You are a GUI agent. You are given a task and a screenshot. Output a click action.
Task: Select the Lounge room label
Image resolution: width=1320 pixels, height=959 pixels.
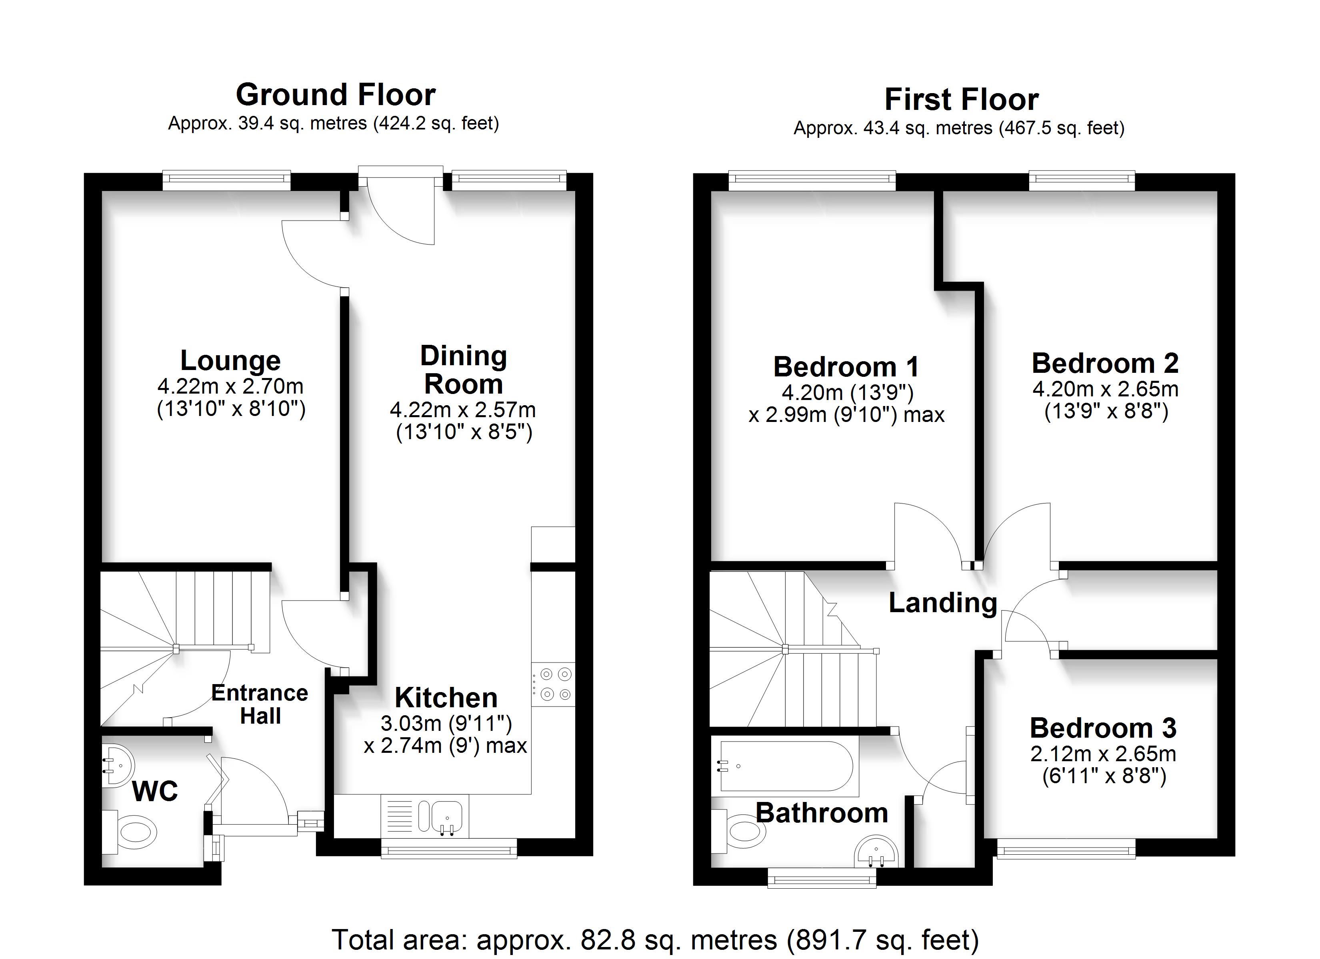tap(230, 360)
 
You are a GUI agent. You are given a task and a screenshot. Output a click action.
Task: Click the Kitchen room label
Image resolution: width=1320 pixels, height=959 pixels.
tap(446, 697)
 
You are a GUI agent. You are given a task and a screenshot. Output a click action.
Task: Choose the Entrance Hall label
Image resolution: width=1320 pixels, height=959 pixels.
tap(260, 704)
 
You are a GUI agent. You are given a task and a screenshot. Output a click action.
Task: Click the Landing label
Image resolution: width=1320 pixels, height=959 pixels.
tap(943, 603)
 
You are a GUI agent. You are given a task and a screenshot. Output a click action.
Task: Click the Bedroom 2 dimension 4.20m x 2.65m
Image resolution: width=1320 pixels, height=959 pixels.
tap(1105, 389)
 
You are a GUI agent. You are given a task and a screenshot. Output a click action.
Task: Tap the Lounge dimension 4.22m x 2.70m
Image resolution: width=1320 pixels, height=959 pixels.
tap(230, 386)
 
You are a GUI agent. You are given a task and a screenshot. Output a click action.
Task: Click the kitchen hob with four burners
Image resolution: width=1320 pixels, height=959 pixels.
tap(553, 684)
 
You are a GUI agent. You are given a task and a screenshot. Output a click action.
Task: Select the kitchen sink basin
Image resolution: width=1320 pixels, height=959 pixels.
tap(446, 816)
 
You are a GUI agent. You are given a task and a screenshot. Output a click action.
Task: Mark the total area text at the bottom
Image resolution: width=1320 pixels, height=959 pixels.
tap(655, 940)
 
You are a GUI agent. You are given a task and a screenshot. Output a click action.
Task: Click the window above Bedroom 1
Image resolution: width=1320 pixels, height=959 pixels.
tap(812, 180)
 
